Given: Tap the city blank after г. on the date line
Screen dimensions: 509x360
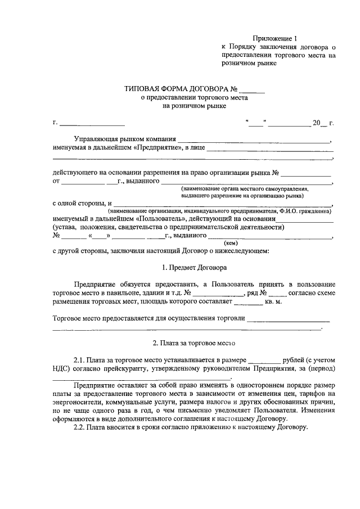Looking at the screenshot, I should (92, 123).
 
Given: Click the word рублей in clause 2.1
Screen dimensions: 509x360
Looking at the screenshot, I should (295, 359).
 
